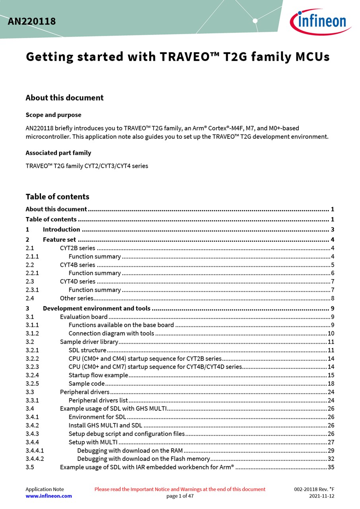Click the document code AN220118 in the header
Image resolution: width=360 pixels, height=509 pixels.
point(32,21)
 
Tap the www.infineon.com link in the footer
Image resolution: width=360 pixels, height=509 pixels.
point(49,496)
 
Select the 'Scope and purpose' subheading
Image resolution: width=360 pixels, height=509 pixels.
point(53,115)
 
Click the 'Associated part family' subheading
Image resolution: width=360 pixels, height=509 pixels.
point(58,153)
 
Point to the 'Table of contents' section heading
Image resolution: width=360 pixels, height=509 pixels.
point(57,196)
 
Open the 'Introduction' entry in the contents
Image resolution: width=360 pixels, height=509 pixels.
point(61,229)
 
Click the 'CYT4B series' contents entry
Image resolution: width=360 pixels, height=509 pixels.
point(78,265)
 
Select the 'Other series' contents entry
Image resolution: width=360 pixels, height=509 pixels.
point(77,298)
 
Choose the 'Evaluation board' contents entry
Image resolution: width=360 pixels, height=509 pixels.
point(84,317)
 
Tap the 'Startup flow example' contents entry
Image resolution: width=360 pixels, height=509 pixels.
point(98,375)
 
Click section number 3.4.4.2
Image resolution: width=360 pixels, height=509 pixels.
point(35,459)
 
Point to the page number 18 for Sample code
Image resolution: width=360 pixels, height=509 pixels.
point(331,384)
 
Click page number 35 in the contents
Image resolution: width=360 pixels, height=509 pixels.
point(331,467)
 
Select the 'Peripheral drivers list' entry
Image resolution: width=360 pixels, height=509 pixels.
point(98,400)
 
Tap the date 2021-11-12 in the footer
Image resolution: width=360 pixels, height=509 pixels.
point(321,496)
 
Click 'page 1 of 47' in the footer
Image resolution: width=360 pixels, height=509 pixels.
point(180,496)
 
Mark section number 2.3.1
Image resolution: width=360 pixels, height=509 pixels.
point(32,290)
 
